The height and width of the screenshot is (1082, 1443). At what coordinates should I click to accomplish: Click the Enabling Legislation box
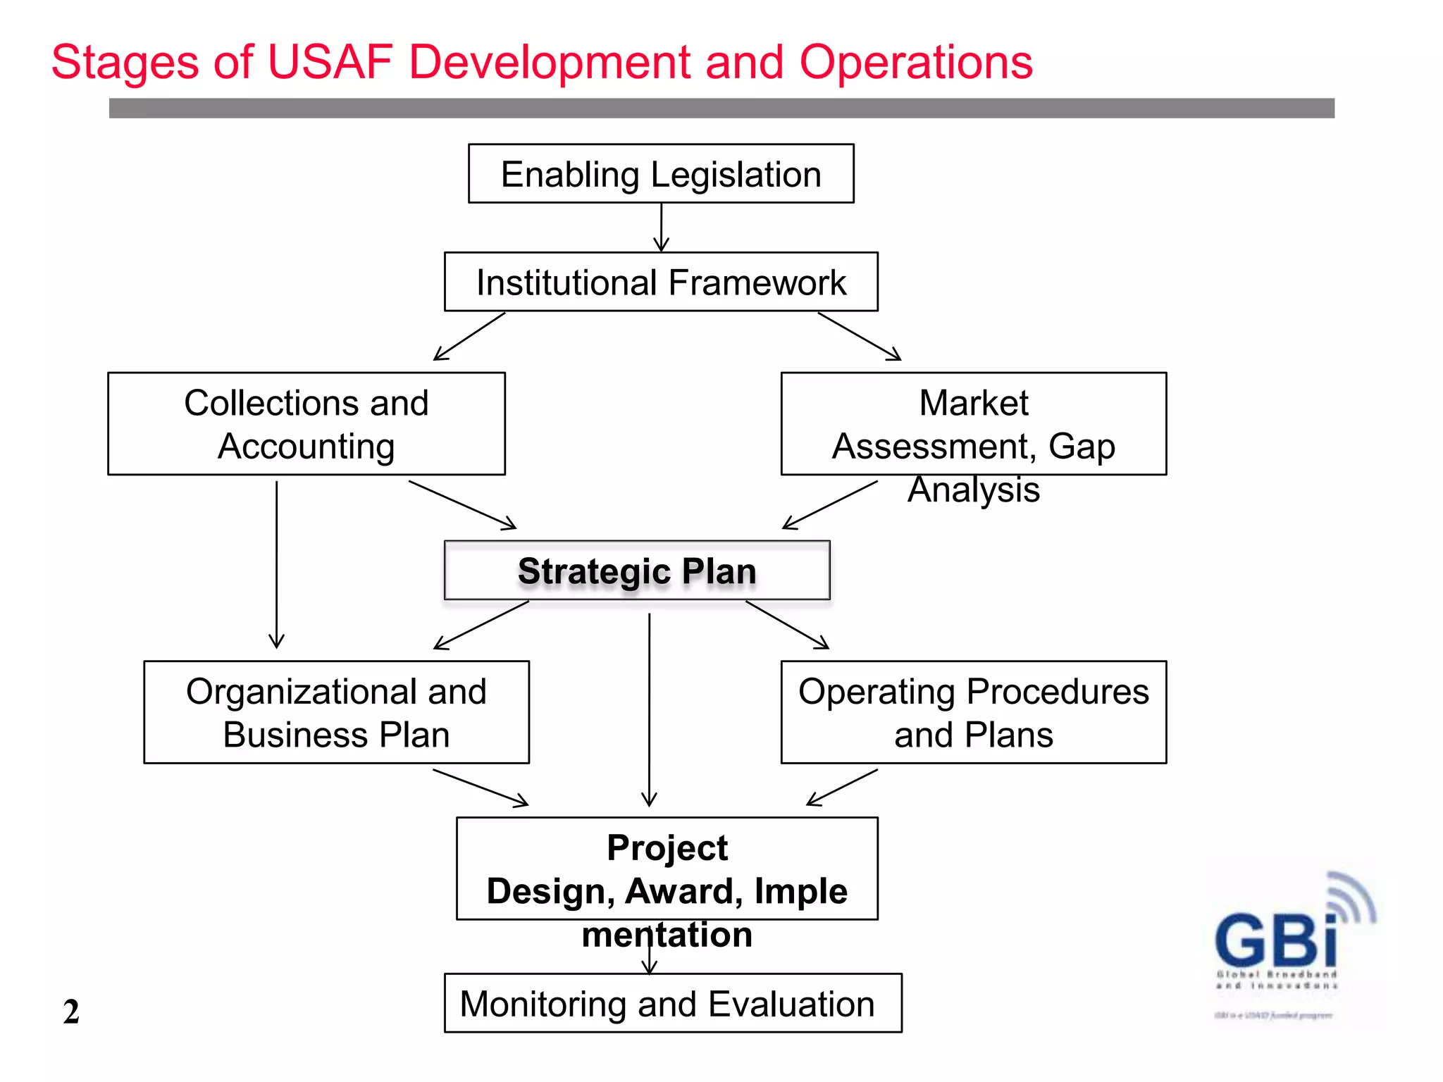point(661,174)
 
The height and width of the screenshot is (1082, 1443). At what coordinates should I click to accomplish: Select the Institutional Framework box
point(661,282)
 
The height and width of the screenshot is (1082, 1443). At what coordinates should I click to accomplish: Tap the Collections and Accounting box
point(306,424)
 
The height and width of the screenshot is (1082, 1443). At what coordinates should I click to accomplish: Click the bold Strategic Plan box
point(637,571)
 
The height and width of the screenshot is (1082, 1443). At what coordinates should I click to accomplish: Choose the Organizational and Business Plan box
point(336,712)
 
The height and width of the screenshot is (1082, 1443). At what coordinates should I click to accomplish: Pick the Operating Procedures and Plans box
point(974,712)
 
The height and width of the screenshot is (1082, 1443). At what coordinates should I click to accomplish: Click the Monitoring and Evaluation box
point(673,1003)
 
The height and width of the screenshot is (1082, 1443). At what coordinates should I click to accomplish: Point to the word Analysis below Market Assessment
point(974,490)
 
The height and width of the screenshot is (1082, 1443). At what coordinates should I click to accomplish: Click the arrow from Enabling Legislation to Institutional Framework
point(661,227)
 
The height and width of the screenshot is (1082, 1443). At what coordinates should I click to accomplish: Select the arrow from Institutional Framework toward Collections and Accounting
point(469,337)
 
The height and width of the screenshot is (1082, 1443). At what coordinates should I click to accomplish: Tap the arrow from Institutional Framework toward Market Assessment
point(860,337)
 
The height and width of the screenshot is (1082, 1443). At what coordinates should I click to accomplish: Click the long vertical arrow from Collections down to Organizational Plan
point(277,564)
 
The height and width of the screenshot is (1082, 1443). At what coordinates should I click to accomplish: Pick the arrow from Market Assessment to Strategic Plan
point(830,505)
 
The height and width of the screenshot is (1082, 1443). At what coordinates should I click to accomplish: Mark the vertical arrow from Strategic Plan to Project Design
point(649,708)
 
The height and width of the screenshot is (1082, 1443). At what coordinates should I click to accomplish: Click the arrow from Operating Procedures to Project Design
point(842,788)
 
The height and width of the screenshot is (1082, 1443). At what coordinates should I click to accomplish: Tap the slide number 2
point(71,1012)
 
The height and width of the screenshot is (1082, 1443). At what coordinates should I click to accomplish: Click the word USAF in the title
point(330,62)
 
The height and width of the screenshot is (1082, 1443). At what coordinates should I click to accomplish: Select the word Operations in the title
point(915,62)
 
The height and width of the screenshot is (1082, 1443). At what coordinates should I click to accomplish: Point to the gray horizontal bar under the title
point(721,108)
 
